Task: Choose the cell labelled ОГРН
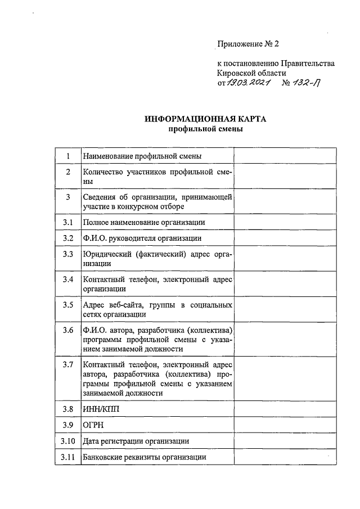(92, 425)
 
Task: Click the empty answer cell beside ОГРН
(285, 425)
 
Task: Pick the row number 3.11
(68, 457)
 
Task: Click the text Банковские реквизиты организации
(144, 457)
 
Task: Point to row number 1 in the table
(68, 156)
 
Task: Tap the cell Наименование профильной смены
(142, 156)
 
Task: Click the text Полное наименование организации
(143, 222)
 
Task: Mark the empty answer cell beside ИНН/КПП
(285, 409)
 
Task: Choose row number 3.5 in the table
(68, 305)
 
